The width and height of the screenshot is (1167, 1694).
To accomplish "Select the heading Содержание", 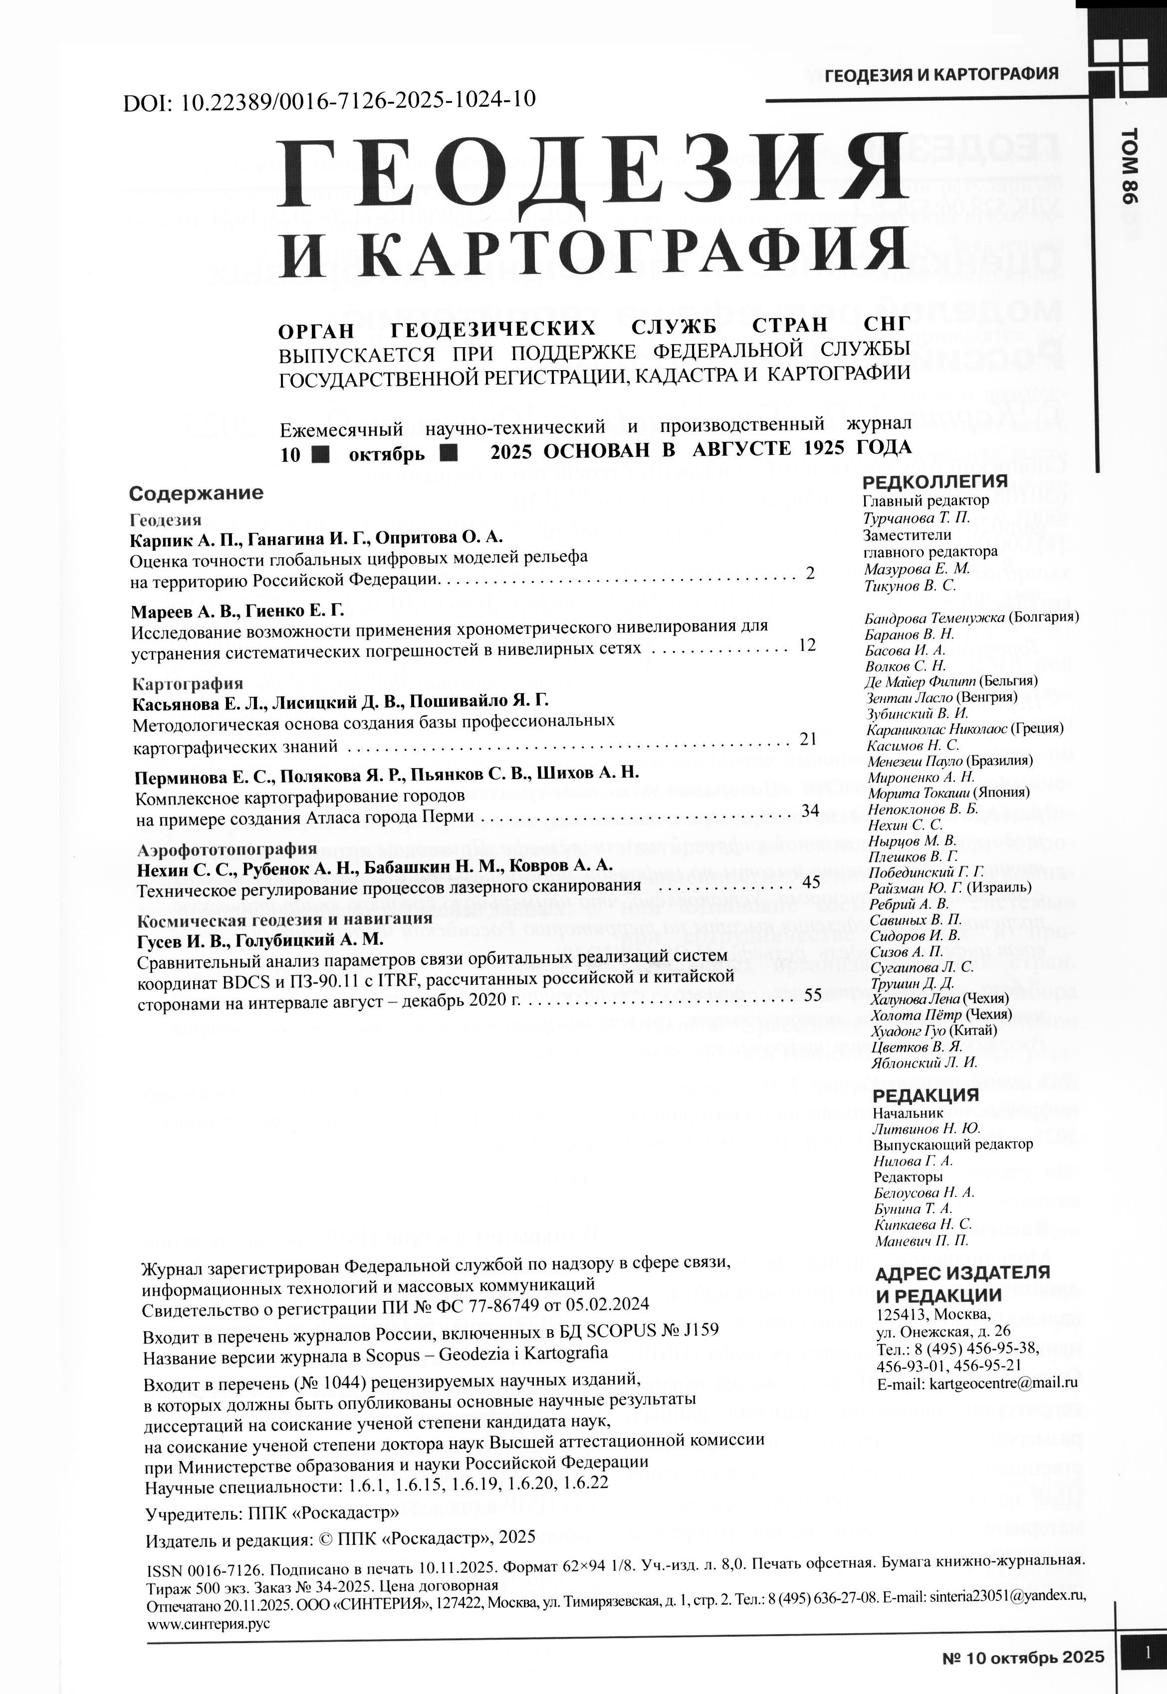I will click(196, 493).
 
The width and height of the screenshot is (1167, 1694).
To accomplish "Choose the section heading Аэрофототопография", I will click(227, 849).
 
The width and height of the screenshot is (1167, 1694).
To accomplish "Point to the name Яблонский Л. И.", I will click(924, 1063).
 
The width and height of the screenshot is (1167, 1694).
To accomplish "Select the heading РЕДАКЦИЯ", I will click(925, 1094).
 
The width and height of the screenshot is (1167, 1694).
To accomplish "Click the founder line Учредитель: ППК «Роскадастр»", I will click(272, 1513).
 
